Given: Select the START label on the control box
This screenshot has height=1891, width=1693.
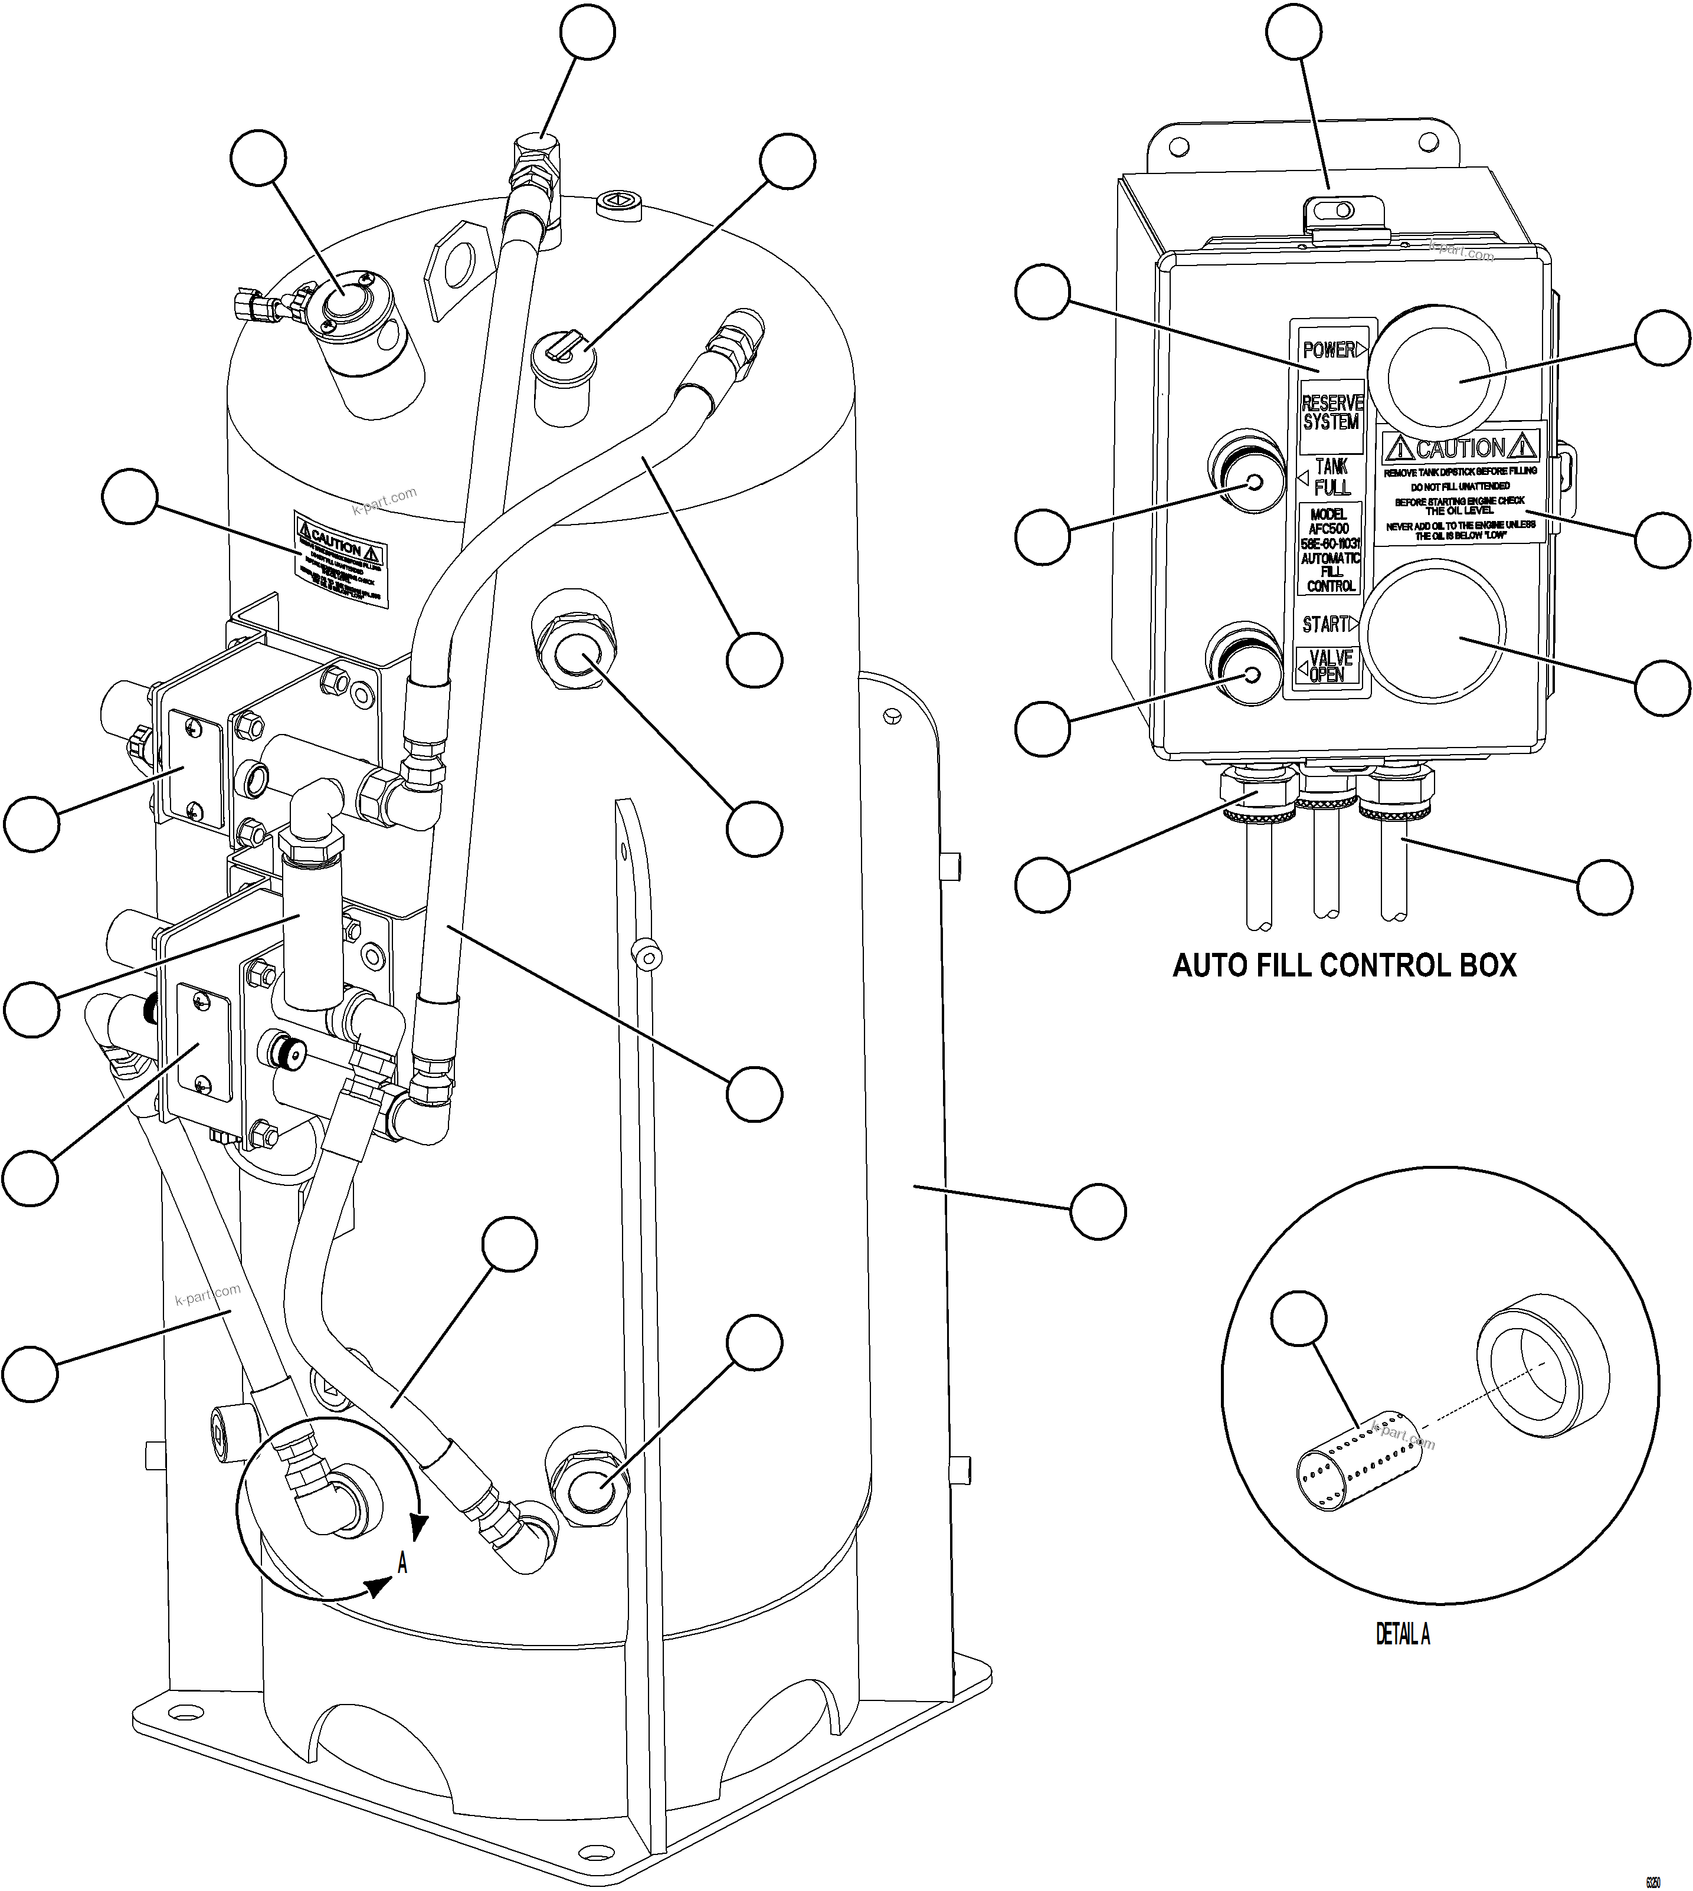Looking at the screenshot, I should pyautogui.click(x=1325, y=624).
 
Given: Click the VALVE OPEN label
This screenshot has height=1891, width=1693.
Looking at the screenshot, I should pyautogui.click(x=1329, y=666).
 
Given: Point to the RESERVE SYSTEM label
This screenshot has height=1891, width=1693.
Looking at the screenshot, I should pyautogui.click(x=1331, y=412).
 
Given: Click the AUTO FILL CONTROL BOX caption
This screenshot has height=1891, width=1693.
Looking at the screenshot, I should pyautogui.click(x=1344, y=965).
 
